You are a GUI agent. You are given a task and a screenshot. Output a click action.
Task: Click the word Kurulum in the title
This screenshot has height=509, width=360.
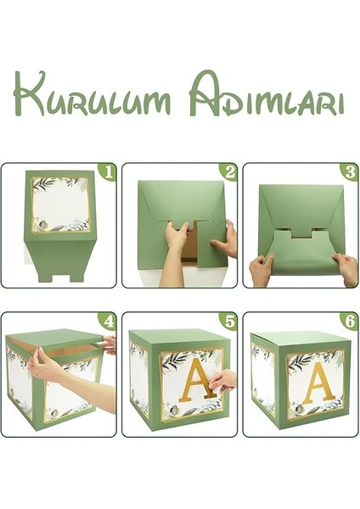[92, 94]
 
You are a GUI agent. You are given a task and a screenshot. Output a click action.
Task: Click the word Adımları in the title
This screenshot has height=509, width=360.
[267, 93]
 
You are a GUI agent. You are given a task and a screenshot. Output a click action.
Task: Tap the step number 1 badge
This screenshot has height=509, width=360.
[108, 172]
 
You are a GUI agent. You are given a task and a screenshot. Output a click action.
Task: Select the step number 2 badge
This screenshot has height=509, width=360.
[228, 172]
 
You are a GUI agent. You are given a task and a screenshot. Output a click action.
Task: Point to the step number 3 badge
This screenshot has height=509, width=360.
[350, 172]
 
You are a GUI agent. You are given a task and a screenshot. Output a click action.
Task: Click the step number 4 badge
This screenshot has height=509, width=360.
[108, 322]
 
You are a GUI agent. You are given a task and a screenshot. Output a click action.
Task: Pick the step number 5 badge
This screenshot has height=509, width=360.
[228, 322]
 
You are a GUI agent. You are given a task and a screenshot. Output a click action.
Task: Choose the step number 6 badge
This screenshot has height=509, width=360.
[350, 322]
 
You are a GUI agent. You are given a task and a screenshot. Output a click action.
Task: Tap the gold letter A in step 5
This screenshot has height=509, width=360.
[199, 379]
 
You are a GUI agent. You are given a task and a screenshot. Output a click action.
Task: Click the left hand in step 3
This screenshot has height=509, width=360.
[262, 269]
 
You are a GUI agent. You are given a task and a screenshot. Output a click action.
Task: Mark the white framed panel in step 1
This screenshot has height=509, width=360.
[61, 204]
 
